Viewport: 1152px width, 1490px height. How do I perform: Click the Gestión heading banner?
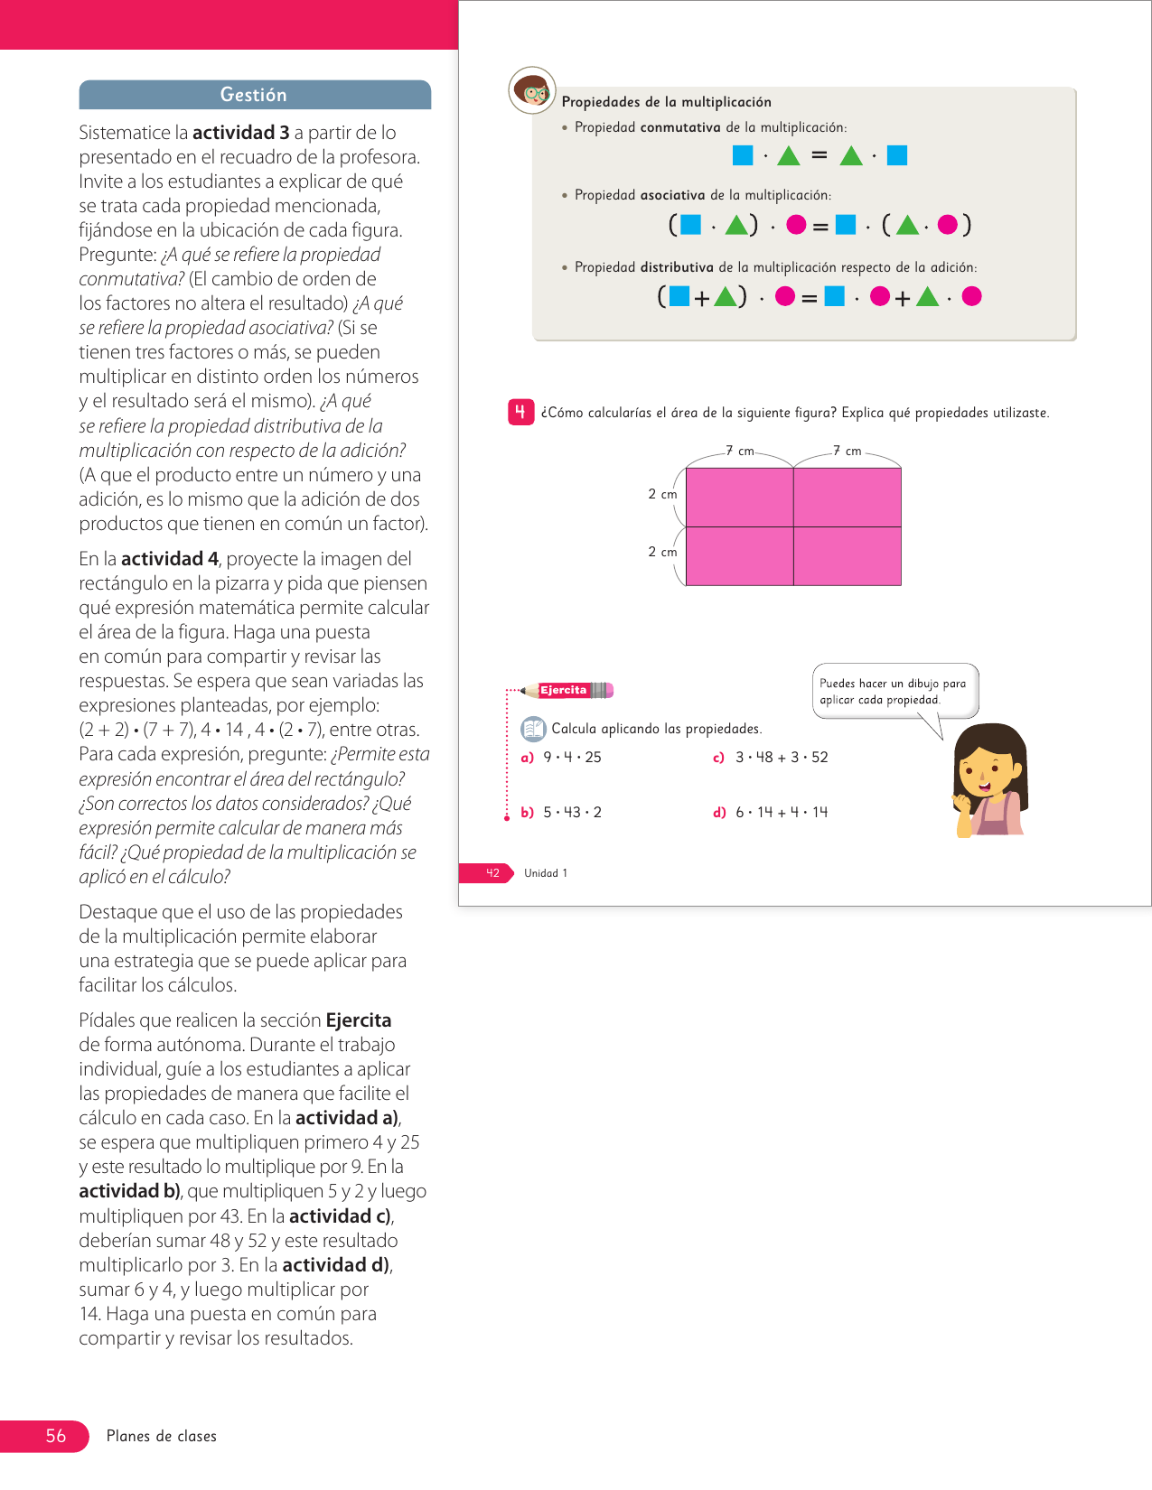point(254,95)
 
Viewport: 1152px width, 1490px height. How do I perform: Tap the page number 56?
point(55,1436)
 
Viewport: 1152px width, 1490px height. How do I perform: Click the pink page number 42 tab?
point(492,873)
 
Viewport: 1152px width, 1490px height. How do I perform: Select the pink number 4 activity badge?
point(520,413)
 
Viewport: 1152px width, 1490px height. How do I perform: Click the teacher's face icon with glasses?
point(532,90)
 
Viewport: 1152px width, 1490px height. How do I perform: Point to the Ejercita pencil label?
point(564,691)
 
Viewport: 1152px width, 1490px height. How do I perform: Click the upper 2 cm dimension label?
point(662,494)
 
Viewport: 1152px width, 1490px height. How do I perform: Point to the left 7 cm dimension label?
point(740,451)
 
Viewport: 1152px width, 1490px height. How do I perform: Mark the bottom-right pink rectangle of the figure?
point(848,556)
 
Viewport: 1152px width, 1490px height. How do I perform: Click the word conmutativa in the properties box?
point(680,127)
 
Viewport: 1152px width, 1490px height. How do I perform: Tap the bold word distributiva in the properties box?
point(677,267)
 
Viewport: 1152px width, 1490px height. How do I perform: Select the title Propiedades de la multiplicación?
point(666,102)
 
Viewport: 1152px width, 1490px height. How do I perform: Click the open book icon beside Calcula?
point(533,729)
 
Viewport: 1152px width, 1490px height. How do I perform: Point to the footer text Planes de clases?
point(162,1436)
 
